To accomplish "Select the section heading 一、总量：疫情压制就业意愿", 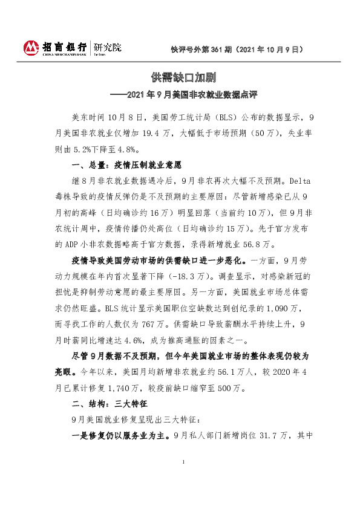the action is tap(126, 164).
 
